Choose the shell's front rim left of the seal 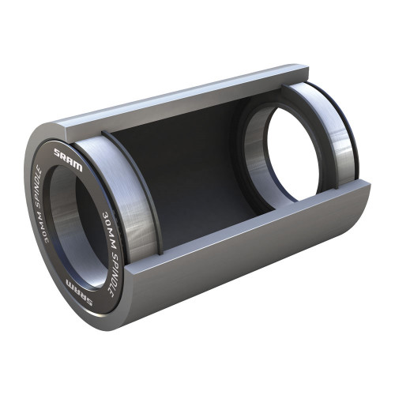29,190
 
